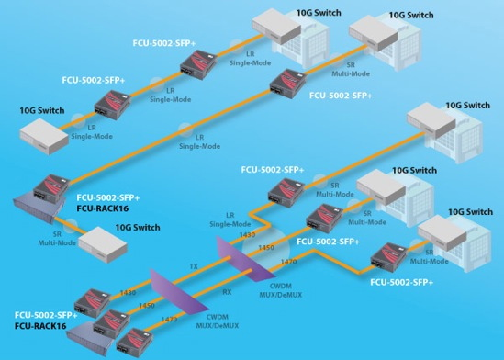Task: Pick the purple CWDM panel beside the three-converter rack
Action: click(170, 298)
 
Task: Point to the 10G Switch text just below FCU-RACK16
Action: click(138, 227)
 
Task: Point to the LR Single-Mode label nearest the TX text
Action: click(230, 219)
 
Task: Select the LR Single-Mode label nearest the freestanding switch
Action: click(96, 132)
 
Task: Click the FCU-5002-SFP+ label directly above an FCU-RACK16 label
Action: click(111, 197)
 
